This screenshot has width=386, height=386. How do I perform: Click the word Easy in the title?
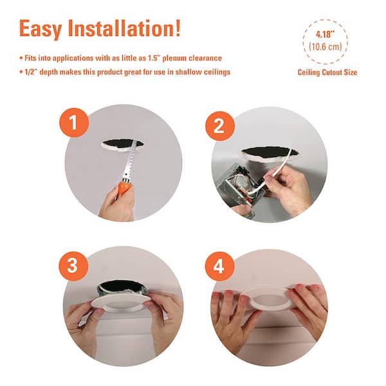(x=41, y=29)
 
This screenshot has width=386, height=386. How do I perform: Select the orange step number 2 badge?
(x=220, y=126)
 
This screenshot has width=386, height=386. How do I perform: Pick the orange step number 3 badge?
(x=73, y=266)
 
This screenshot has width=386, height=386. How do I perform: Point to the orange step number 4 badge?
(x=219, y=266)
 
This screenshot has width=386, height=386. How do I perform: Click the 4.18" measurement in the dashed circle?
(x=324, y=35)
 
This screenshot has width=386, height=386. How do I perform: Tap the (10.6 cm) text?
(x=325, y=46)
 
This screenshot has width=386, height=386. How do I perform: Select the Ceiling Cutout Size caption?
(x=327, y=72)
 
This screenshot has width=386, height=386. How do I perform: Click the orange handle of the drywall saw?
(x=124, y=188)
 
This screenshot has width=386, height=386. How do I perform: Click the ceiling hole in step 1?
(x=122, y=144)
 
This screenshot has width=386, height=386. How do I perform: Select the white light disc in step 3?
(x=121, y=302)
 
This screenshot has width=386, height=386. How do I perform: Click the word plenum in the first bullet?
(x=174, y=59)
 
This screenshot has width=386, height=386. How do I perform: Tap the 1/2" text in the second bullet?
(x=32, y=72)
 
